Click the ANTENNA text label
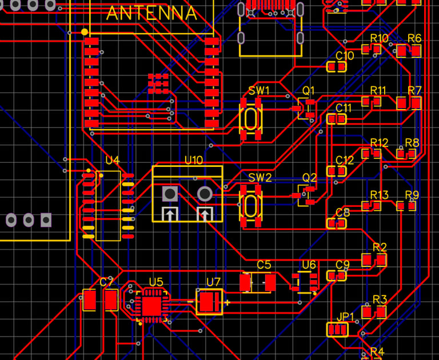click(151, 13)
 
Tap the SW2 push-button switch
click(251, 205)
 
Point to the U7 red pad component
click(210, 302)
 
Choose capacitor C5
click(258, 282)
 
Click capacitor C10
click(336, 67)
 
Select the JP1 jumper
click(337, 330)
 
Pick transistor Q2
click(306, 195)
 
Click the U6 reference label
click(309, 265)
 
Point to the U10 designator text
click(193, 161)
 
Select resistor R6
click(409, 51)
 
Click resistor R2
click(374, 260)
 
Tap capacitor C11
click(337, 119)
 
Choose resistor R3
click(374, 312)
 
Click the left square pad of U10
click(170, 194)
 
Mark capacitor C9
click(336, 276)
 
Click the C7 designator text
click(106, 282)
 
